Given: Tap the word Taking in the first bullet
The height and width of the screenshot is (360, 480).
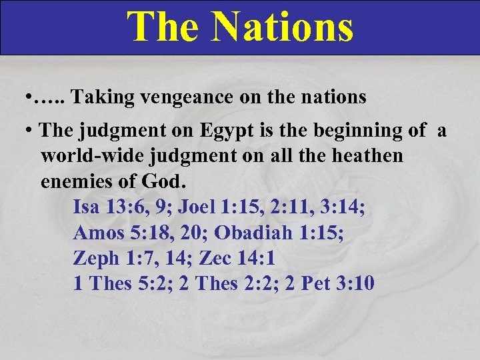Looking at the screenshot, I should [97, 97].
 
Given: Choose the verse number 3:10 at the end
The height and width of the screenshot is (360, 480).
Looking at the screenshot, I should [357, 283].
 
